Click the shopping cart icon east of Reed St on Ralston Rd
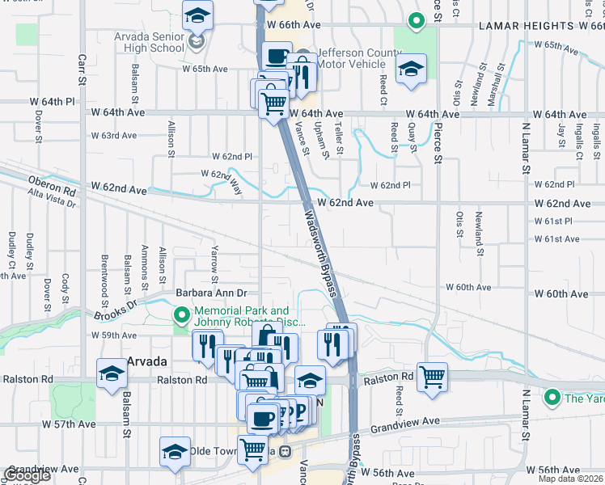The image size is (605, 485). (x=433, y=376)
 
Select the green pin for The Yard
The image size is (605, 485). (x=552, y=397)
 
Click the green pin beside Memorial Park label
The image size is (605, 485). (x=182, y=314)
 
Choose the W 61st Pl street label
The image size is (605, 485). (x=552, y=221)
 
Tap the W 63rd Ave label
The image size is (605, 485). (x=114, y=136)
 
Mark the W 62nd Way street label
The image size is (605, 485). (x=227, y=179)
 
